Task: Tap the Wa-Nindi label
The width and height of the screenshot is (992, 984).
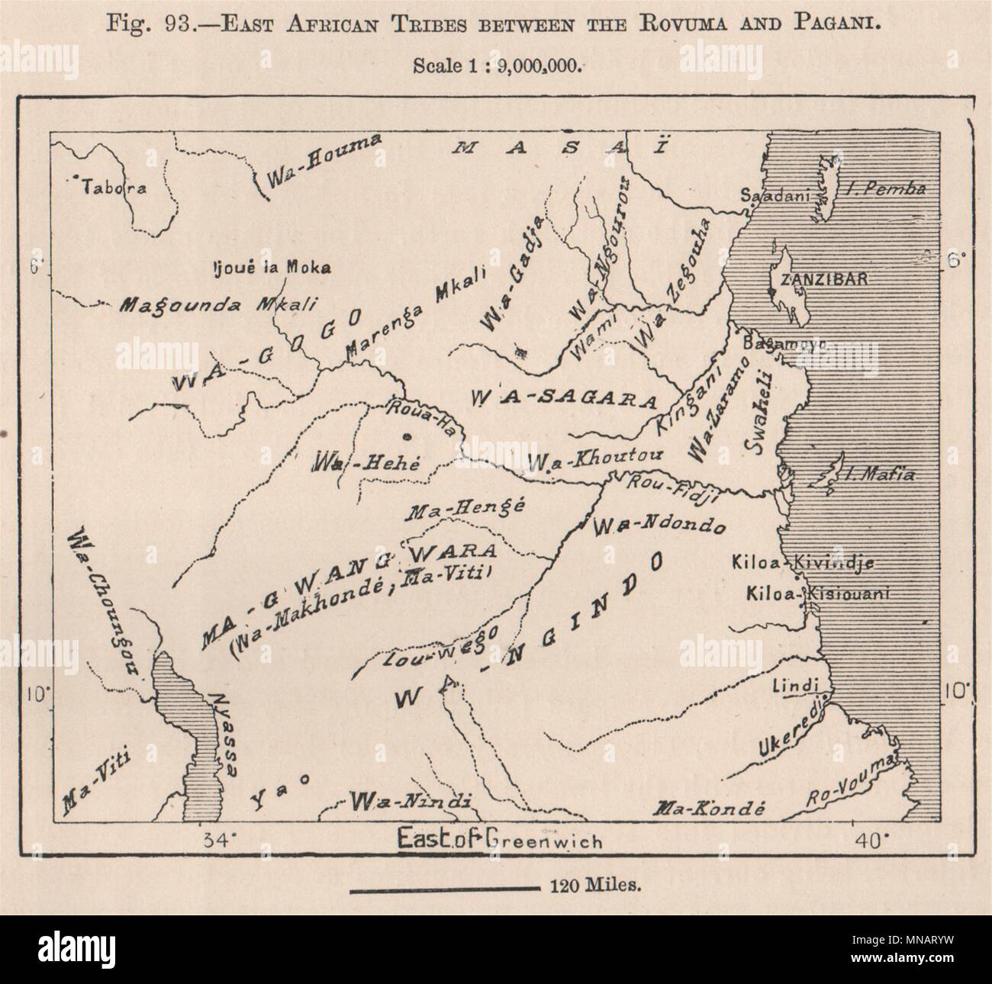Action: (409, 801)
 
